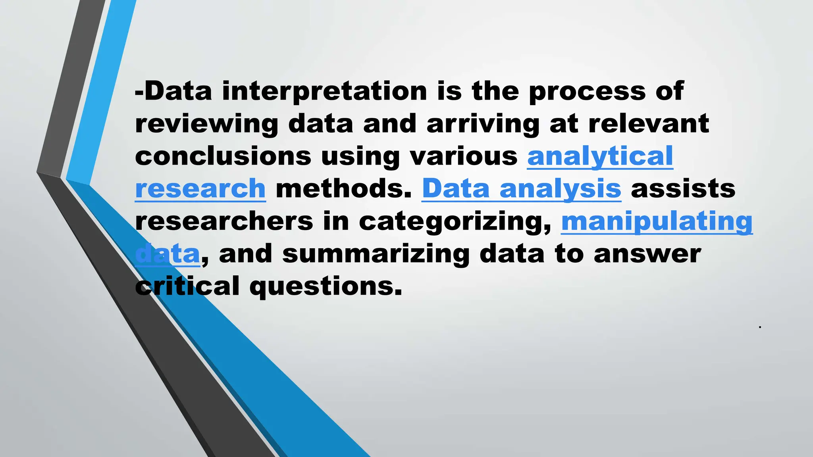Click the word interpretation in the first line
[x=324, y=91]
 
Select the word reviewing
[x=207, y=124]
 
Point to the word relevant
[x=648, y=124]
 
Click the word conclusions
[x=223, y=156]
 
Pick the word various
[x=463, y=156]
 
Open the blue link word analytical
[x=600, y=156]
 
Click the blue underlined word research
[x=200, y=189]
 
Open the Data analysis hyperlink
[x=521, y=189]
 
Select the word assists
[x=683, y=189]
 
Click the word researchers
[x=224, y=221]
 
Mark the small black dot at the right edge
[x=759, y=327]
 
